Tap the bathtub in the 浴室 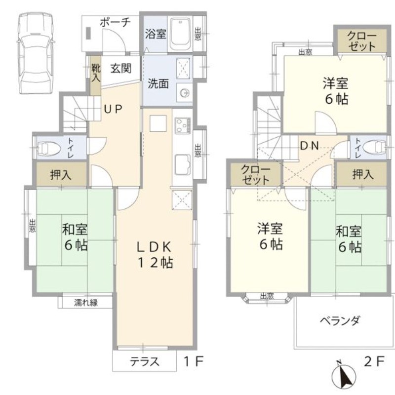(180, 35)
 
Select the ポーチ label (115, 22)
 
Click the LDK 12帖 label (154, 254)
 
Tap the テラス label (145, 361)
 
